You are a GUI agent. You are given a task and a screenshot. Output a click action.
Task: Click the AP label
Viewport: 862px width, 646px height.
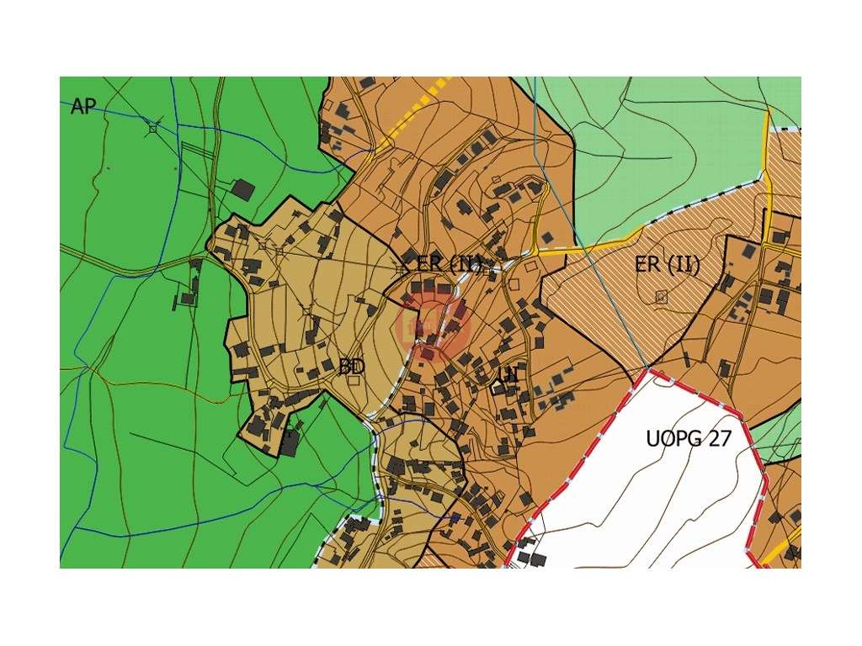(x=83, y=107)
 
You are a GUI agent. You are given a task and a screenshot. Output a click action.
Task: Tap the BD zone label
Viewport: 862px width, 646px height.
(x=351, y=367)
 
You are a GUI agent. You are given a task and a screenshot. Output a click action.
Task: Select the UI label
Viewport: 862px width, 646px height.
(x=508, y=375)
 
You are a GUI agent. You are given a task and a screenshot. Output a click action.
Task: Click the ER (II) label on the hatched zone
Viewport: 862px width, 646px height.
(x=668, y=265)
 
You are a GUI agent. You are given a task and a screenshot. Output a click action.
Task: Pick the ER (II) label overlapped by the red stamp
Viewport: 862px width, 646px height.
(x=450, y=263)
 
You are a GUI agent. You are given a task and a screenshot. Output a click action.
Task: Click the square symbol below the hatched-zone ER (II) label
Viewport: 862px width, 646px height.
(x=661, y=296)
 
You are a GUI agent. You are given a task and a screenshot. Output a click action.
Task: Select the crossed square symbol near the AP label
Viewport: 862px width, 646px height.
(x=153, y=128)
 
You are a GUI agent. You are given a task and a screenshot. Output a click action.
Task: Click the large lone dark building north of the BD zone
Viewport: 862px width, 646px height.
(x=242, y=189)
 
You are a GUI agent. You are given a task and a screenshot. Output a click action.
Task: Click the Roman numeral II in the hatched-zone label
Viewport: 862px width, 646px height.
(x=687, y=265)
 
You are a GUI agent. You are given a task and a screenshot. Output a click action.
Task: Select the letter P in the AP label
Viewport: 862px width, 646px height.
(x=90, y=107)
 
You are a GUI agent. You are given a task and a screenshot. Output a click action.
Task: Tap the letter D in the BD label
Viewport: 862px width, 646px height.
(x=358, y=367)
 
